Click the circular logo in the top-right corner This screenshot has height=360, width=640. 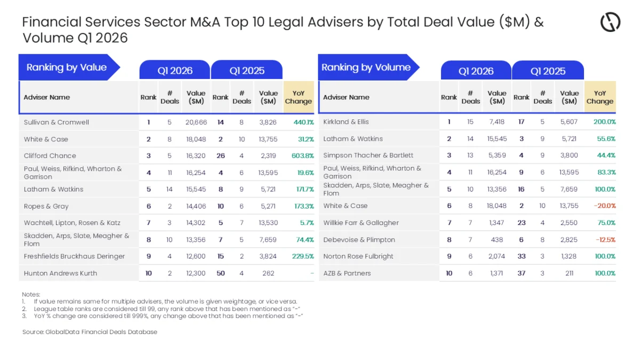tap(610, 22)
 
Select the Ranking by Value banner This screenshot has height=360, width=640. tap(69, 67)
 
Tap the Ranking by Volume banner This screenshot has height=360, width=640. tap(369, 67)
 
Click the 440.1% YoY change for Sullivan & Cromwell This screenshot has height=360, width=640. tap(303, 122)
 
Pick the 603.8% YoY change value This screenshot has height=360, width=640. tap(302, 156)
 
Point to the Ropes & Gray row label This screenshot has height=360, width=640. tap(46, 206)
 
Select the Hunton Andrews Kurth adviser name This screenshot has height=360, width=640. tap(61, 273)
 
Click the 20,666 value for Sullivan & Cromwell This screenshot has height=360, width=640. tap(196, 122)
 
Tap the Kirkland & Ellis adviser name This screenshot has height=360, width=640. tap(346, 122)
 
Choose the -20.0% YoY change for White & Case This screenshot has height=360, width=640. tap(605, 206)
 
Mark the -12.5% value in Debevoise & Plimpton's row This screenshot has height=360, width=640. tap(605, 239)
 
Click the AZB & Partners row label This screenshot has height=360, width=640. tap(347, 273)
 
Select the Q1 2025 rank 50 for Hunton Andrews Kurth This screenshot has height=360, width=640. tap(221, 273)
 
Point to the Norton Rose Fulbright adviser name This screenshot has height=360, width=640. tap(358, 257)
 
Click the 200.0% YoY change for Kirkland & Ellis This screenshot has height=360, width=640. tap(605, 122)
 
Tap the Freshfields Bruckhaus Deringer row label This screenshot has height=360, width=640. tap(74, 257)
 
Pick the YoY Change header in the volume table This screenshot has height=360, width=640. tap(599, 97)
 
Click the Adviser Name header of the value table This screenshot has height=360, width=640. tap(46, 97)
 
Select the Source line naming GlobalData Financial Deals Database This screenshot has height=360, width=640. tap(90, 332)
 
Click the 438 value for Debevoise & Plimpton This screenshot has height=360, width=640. tap(497, 239)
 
